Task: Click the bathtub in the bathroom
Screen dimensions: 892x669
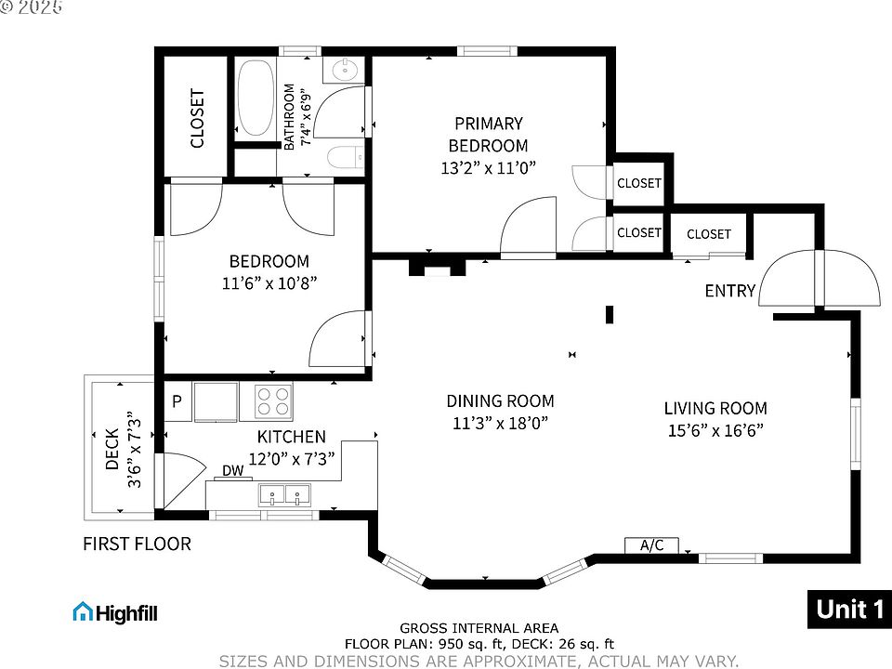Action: [256, 98]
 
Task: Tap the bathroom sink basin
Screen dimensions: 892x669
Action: [345, 71]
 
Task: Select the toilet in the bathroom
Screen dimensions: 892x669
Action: [346, 157]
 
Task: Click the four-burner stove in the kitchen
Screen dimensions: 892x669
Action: [273, 401]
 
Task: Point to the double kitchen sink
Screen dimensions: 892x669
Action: [285, 495]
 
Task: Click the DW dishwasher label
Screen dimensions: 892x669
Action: [232, 470]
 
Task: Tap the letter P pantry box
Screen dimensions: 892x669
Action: [177, 401]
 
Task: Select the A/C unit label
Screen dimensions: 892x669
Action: [652, 545]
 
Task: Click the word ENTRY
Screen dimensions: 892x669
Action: [730, 291]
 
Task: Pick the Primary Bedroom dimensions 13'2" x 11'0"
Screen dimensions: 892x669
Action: [489, 168]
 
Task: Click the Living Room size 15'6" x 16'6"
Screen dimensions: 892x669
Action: [715, 430]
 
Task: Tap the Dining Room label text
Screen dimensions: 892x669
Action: [500, 401]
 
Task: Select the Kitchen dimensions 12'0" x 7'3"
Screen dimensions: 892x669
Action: [291, 458]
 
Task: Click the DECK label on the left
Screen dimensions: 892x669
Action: [112, 449]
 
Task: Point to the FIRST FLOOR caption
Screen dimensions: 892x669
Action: [138, 544]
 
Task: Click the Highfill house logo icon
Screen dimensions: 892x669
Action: [83, 612]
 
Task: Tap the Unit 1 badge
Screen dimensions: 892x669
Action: [849, 610]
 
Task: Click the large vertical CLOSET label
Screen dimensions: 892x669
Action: [197, 118]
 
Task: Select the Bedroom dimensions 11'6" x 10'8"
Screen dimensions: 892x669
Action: [269, 282]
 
